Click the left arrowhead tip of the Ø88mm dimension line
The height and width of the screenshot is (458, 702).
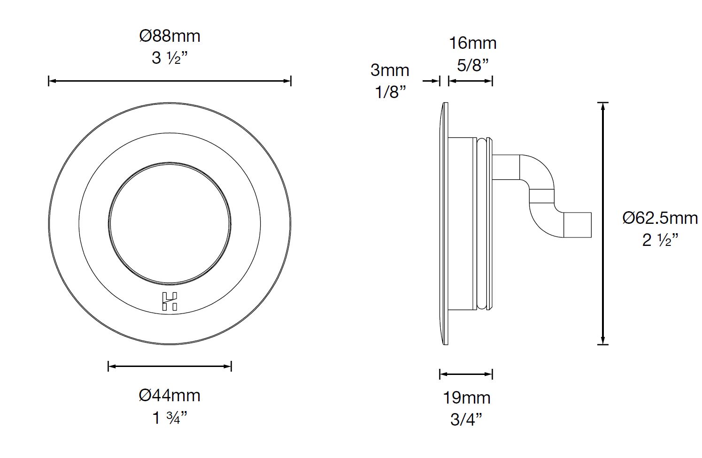(49, 81)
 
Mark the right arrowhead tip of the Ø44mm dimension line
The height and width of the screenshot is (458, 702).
(231, 366)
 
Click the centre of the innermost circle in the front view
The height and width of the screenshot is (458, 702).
(170, 223)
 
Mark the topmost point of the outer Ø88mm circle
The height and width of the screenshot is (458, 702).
(170, 102)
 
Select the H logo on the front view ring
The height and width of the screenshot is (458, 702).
(170, 301)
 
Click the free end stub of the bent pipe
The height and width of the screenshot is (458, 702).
(577, 225)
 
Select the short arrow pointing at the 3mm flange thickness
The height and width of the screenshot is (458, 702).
(431, 81)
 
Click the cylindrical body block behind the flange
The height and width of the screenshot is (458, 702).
(463, 224)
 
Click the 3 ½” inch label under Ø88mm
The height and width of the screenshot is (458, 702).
(170, 58)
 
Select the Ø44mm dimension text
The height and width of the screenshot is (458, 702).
(170, 395)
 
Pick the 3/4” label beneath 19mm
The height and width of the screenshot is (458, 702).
(466, 420)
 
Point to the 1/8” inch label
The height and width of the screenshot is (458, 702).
(390, 92)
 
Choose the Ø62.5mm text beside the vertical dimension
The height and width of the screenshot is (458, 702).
(660, 218)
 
